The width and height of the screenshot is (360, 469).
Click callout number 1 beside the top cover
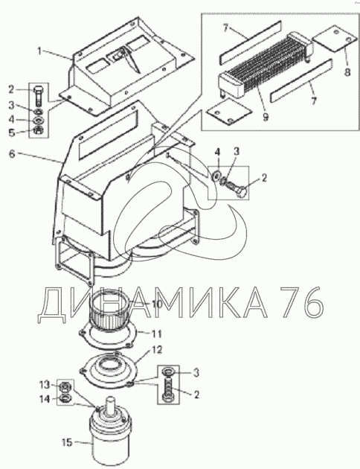pyautogui.click(x=40, y=51)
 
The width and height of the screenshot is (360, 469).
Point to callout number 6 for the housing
pyautogui.click(x=12, y=154)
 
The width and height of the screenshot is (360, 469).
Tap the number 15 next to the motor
pyautogui.click(x=67, y=442)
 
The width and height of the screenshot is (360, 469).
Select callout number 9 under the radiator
pyautogui.click(x=266, y=117)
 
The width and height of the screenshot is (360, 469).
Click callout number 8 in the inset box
pyautogui.click(x=347, y=72)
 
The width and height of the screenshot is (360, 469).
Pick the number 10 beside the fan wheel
pyautogui.click(x=156, y=304)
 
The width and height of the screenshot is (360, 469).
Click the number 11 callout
pyautogui.click(x=156, y=334)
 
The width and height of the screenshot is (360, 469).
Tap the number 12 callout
pyautogui.click(x=156, y=349)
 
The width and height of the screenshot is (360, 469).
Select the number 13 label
pyautogui.click(x=45, y=385)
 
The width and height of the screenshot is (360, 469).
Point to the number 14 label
pyautogui.click(x=45, y=399)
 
